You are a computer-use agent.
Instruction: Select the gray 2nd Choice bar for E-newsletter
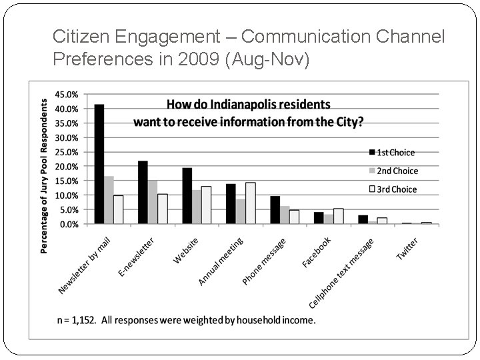tap(153, 202)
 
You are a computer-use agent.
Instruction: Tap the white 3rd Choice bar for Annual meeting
tap(250, 203)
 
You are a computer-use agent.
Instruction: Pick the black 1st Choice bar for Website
tap(187, 196)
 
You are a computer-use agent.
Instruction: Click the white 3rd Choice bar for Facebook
tap(338, 217)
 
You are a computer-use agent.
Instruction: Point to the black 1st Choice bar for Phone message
tap(275, 210)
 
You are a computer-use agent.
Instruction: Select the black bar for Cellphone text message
tap(363, 219)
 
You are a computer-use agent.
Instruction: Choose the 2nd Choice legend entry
tap(393, 171)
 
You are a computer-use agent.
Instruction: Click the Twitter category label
tap(407, 249)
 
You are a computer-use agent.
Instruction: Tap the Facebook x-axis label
tap(316, 253)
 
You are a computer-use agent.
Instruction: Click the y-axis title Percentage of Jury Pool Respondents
tap(45, 176)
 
